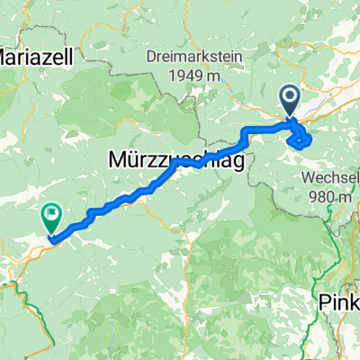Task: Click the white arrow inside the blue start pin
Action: (x=291, y=95)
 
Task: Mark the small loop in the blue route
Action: (x=300, y=138)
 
